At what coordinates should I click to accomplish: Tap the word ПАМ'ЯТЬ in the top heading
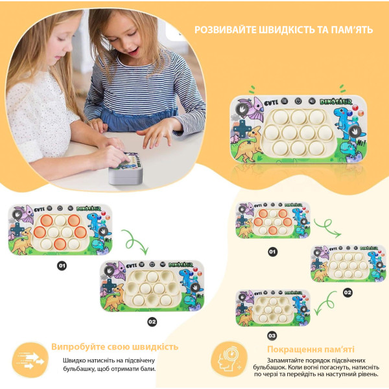352,30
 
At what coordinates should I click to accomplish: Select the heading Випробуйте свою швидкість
115,347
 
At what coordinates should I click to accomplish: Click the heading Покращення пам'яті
311,349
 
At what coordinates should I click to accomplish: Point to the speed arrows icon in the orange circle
30,360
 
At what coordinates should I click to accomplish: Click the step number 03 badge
272,336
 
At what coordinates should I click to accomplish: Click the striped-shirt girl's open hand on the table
156,136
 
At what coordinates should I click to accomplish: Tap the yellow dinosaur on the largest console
248,145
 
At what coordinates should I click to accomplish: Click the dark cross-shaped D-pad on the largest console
241,130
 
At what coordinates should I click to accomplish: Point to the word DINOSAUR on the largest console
336,101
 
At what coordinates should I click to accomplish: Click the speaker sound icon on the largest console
312,101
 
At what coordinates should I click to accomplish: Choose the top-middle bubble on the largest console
299,117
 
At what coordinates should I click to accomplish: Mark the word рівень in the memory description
366,374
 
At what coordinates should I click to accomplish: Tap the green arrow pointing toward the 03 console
325,303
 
